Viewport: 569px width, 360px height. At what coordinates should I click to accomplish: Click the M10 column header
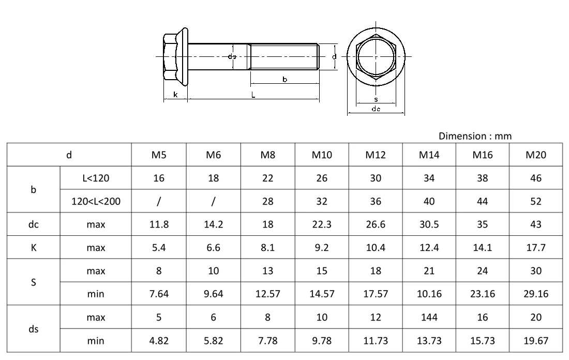322,155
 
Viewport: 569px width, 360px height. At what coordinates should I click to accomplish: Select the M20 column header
535,155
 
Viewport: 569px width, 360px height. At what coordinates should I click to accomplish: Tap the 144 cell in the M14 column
429,317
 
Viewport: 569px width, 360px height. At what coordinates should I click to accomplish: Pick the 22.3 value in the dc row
322,224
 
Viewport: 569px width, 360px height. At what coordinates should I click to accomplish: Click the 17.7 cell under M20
535,248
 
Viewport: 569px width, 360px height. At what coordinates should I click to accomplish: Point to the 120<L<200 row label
96,201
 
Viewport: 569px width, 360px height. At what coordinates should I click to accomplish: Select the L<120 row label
96,178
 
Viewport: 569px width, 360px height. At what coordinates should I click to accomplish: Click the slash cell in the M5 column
159,201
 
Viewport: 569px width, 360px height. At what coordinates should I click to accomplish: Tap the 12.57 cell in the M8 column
268,294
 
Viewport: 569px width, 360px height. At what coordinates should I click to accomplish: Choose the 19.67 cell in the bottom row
535,341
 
